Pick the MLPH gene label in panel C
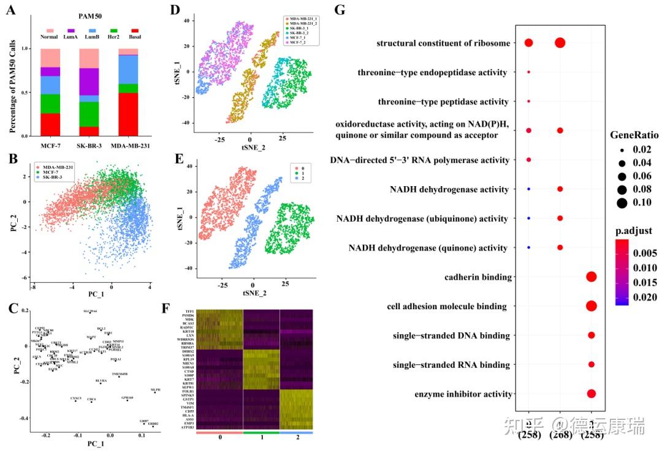156,389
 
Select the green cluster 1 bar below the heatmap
261,432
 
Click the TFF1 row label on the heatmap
190,312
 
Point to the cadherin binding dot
591,277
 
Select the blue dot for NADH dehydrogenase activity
528,189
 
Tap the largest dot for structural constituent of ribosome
560,43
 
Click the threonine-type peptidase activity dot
528,101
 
